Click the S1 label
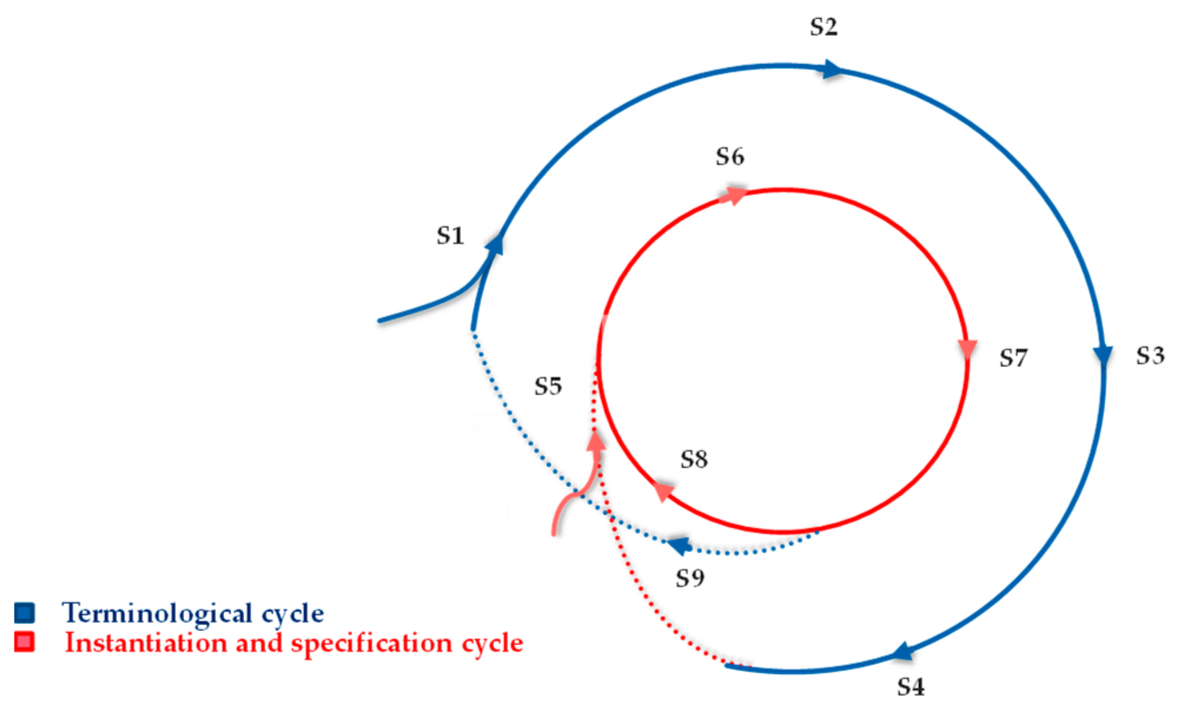point(450,236)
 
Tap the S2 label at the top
point(823,27)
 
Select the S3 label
point(1150,356)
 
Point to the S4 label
point(910,687)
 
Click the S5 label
point(548,386)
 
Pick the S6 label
point(730,157)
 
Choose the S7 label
point(1013,358)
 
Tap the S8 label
point(694,460)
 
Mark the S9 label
point(690,578)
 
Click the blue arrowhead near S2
point(832,69)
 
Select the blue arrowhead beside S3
point(1102,355)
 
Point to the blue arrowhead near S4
point(902,653)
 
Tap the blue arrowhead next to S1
point(495,245)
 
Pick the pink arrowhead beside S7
point(968,349)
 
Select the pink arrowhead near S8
point(662,491)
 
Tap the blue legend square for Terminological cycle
point(24,613)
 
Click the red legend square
point(24,642)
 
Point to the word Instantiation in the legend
point(146,643)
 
